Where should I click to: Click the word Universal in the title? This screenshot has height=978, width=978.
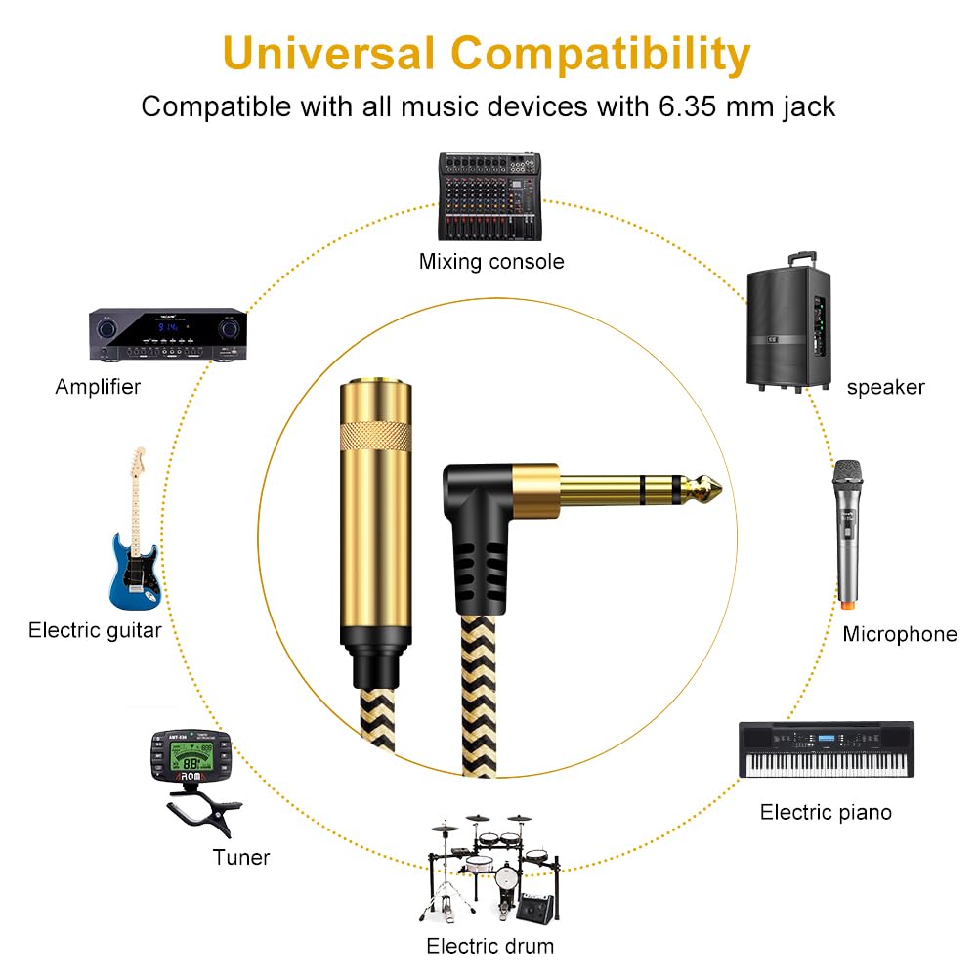[x=328, y=54]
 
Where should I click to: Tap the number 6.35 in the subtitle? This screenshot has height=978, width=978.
[x=687, y=106]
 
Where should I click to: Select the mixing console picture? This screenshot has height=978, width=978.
[x=489, y=196]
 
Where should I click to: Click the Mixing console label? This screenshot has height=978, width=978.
[x=491, y=261]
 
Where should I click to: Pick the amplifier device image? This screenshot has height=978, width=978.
[x=168, y=334]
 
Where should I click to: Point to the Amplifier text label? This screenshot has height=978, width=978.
[x=98, y=387]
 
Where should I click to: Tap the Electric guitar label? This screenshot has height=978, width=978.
[x=95, y=630]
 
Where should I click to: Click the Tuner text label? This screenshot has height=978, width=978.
[x=241, y=857]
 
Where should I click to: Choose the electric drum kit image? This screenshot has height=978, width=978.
[x=490, y=870]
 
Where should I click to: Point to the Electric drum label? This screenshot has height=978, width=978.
[x=490, y=946]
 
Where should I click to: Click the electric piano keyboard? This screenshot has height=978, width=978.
[x=827, y=749]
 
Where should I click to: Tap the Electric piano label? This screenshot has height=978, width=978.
[x=826, y=812]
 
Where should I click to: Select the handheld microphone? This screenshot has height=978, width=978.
[x=848, y=534]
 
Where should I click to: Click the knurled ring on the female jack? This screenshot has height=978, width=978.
[x=375, y=436]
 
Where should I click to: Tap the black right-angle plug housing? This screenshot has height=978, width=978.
[x=478, y=536]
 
